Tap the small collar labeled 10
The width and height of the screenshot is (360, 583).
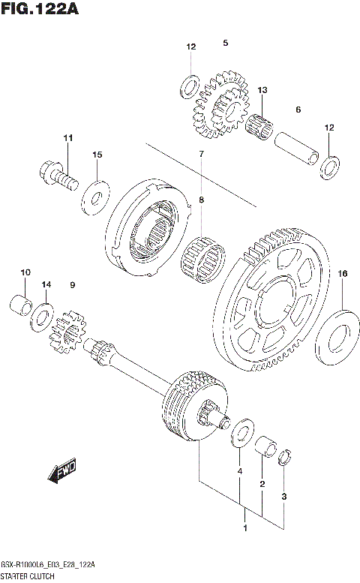tap(22, 306)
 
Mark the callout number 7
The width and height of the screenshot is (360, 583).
tap(201, 154)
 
